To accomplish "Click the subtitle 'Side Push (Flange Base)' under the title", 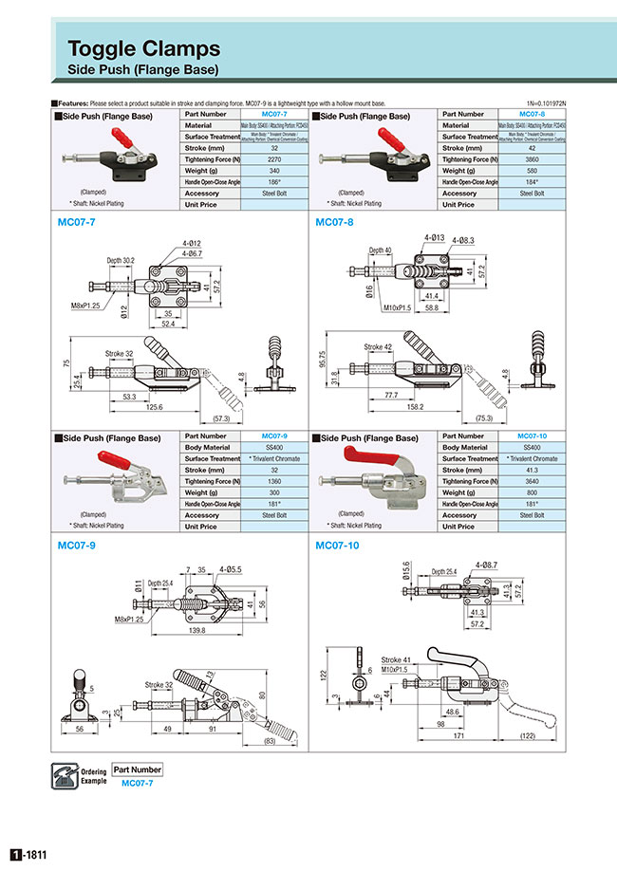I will pos(143,70).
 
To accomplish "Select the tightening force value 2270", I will pos(274,159).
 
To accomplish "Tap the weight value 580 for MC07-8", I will pos(533,171).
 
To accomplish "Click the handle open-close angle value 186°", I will pos(274,182).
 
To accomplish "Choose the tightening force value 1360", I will pos(274,481).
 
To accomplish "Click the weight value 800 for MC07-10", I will pos(533,492).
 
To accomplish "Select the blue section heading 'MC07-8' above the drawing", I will pos(333,222).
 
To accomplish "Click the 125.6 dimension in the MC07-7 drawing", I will pos(146,407).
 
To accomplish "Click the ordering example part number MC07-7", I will pos(137,782).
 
